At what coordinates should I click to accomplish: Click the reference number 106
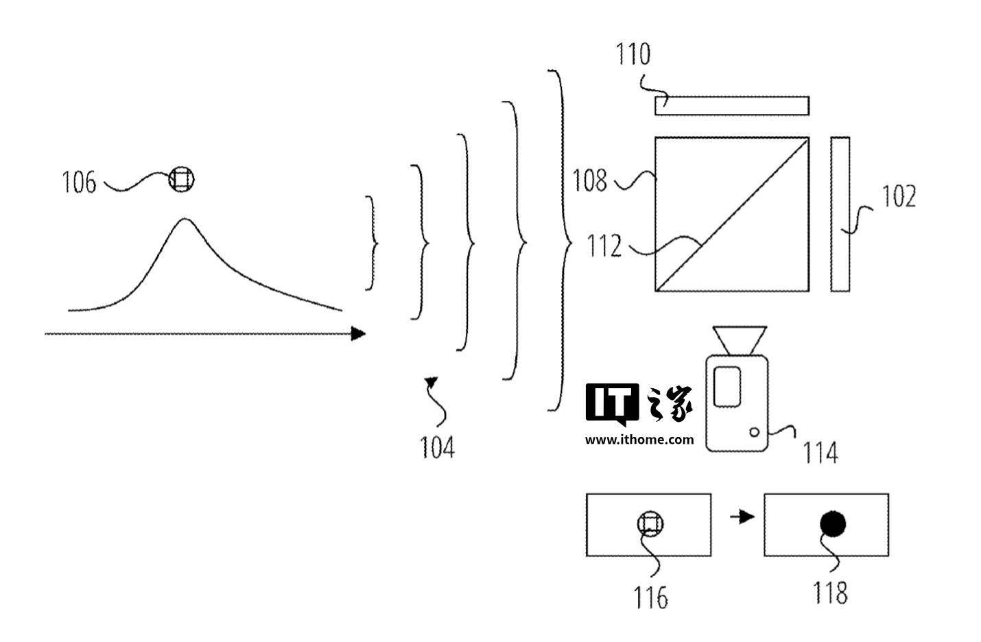click(80, 182)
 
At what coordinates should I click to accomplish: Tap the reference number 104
click(437, 447)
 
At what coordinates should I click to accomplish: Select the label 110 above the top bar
click(633, 54)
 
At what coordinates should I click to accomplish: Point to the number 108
click(590, 180)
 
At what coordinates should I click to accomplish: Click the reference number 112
click(604, 246)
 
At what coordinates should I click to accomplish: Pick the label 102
click(899, 196)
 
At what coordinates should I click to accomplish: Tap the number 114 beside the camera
click(820, 453)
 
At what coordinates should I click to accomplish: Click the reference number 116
click(651, 597)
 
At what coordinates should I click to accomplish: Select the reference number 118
click(830, 593)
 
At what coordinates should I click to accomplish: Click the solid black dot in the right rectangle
click(833, 524)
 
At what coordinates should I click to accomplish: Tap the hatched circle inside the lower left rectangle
click(650, 524)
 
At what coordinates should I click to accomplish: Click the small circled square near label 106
click(181, 180)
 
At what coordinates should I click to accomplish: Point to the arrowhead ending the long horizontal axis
click(358, 334)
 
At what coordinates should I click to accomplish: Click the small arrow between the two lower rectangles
click(742, 516)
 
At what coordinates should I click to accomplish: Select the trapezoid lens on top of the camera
click(740, 340)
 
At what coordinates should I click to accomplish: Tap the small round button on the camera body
click(754, 432)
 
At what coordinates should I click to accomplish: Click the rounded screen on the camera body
click(727, 387)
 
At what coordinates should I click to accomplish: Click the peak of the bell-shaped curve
click(185, 219)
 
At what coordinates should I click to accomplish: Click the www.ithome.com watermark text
click(639, 440)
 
